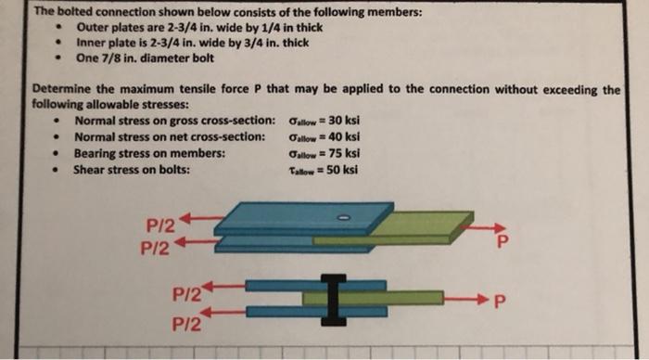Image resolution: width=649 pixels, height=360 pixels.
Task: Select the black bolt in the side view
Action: (x=336, y=298)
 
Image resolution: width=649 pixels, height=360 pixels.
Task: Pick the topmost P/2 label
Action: (x=157, y=224)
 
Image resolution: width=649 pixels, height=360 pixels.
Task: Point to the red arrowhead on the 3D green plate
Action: (x=499, y=225)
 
